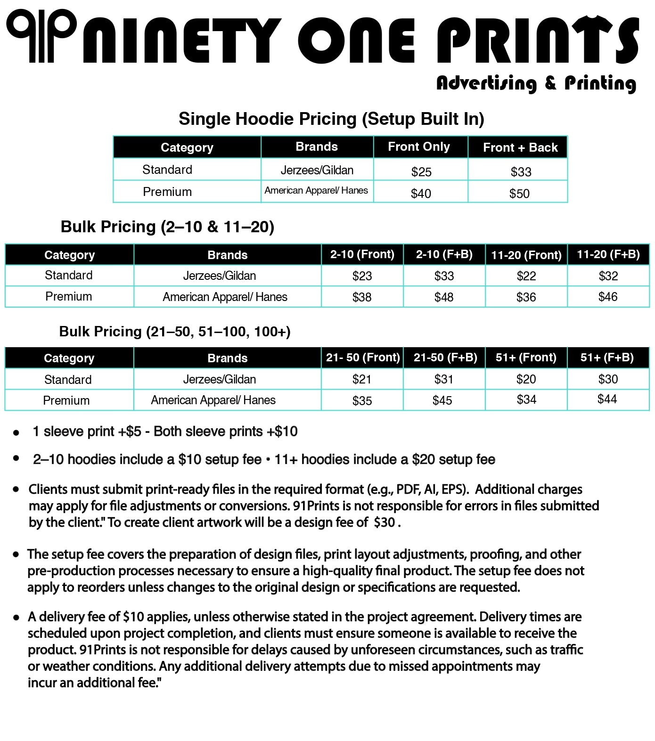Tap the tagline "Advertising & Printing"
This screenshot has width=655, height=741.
536,83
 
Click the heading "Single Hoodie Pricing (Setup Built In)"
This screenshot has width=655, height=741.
331,119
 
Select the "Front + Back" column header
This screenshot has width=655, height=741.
520,147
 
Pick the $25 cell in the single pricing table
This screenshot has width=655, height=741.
421,172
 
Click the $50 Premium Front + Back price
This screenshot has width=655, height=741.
519,194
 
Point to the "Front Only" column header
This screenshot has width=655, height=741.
419,147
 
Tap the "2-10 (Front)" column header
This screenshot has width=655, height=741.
362,254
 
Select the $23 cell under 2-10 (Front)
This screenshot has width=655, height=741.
362,276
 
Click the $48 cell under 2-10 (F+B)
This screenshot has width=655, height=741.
444,297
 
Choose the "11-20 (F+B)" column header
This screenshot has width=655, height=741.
608,254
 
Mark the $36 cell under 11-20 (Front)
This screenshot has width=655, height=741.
526,297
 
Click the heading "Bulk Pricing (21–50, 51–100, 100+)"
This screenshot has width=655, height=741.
175,332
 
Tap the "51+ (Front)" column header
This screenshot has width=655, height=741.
526,358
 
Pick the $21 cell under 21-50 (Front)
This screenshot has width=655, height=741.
362,379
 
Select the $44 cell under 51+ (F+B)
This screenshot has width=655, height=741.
607,399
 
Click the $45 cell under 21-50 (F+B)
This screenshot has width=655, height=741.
442,400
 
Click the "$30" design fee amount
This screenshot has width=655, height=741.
384,522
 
